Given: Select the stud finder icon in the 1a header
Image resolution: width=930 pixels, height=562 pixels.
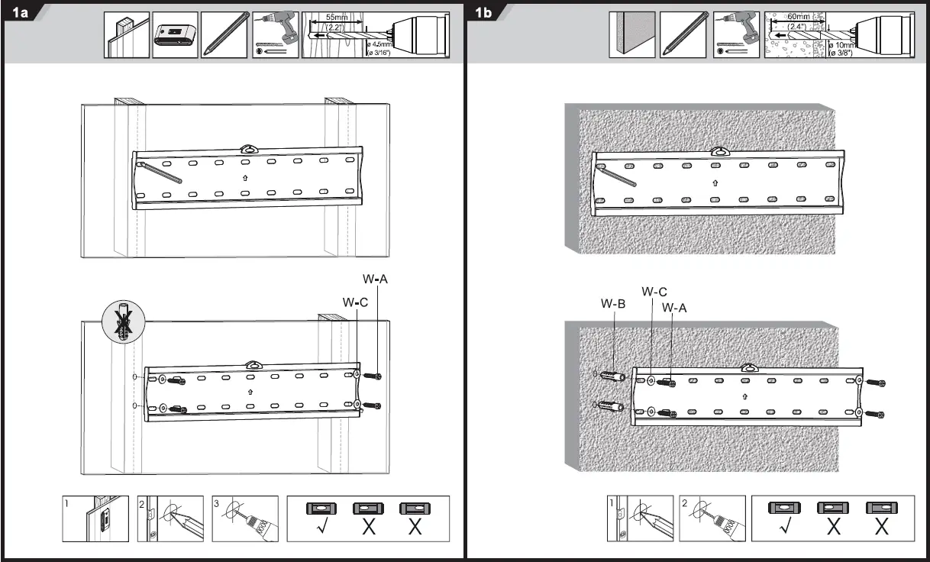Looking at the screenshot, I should [175, 35].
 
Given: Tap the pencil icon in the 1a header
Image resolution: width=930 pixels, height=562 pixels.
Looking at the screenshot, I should [224, 35].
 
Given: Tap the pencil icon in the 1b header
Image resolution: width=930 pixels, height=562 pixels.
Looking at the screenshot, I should [683, 35].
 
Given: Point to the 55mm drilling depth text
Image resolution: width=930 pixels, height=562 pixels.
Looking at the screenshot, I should [337, 17].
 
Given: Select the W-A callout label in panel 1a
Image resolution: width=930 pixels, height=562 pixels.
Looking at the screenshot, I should [376, 280].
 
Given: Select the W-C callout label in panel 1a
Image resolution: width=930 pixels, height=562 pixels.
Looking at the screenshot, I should [356, 302].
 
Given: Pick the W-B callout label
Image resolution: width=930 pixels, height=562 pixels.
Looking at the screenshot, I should [613, 303].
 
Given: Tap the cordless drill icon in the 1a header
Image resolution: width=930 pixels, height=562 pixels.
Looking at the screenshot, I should [274, 35].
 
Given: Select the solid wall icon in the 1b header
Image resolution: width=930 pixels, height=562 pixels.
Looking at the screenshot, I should [631, 35].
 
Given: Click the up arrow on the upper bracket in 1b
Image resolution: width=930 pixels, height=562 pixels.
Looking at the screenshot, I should [715, 182].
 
